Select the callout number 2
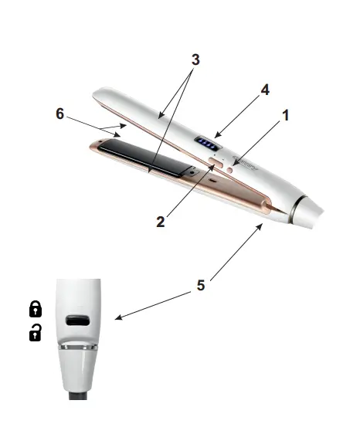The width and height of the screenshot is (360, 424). coord(161,222)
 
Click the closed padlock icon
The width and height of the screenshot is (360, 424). coord(36,310)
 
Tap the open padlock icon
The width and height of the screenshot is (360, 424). coord(36,333)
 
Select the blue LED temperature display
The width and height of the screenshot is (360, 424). coord(206,143)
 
